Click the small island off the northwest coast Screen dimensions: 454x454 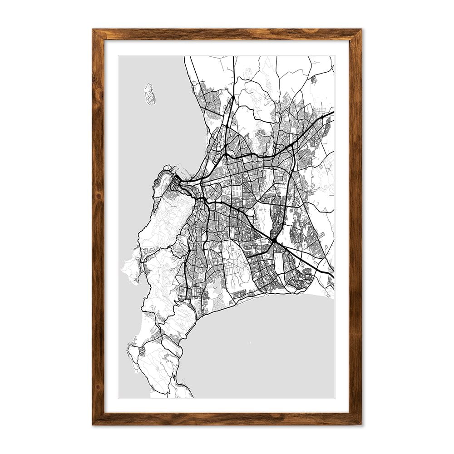coord(149,94)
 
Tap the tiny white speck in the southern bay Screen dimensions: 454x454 coord(249,342)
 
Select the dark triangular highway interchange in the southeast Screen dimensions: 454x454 coord(274,239)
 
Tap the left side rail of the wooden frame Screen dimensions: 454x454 coord(98,227)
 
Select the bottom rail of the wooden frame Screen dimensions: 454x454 coord(227,419)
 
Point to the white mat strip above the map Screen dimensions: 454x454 coord(227,48)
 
